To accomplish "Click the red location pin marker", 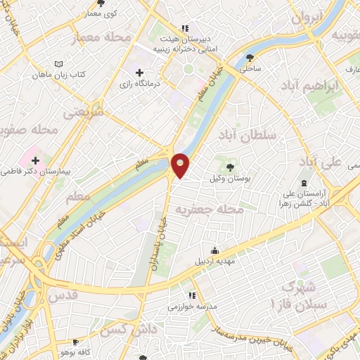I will coord(181,165).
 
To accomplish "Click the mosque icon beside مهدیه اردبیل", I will coord(214,250).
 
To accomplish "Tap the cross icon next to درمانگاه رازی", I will coord(139,72).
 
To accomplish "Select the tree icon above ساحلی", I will coord(250,58).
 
